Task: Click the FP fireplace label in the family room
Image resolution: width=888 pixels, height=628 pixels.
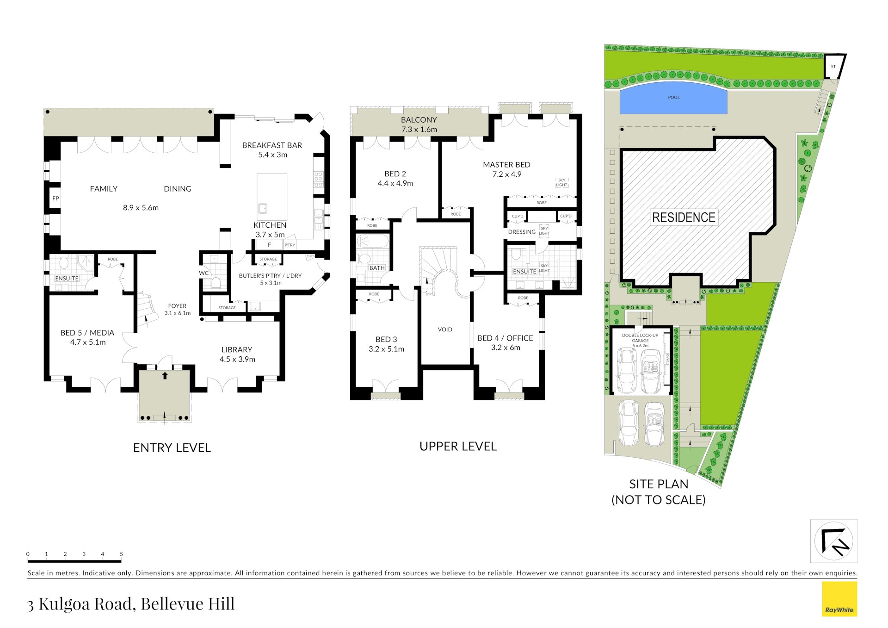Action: tap(55, 199)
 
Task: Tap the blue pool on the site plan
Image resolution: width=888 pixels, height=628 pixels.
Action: tap(673, 100)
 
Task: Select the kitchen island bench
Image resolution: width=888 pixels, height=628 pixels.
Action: tap(272, 197)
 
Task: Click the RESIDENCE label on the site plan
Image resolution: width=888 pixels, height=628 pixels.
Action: tap(683, 217)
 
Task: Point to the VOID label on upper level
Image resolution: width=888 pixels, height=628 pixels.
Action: tap(445, 330)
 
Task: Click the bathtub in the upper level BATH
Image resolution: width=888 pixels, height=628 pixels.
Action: tap(373, 242)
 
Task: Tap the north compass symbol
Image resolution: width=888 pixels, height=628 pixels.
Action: tap(833, 541)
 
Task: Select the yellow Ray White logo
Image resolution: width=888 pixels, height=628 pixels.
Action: tap(839, 599)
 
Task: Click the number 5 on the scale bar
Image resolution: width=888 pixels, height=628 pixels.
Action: tap(122, 554)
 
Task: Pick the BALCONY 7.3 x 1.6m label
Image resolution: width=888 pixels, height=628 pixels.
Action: tap(419, 124)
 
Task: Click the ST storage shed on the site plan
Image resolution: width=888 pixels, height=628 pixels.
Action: tap(833, 67)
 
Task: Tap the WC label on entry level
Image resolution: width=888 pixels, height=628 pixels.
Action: tap(203, 273)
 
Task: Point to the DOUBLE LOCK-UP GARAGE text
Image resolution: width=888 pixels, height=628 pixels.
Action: tap(640, 338)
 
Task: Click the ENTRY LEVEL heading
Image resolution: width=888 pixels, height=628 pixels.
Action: tap(172, 448)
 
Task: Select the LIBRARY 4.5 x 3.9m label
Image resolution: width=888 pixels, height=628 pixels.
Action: tap(237, 354)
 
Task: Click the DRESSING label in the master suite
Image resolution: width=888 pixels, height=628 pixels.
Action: tap(521, 232)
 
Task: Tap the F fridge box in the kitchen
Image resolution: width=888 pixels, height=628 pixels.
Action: tap(269, 245)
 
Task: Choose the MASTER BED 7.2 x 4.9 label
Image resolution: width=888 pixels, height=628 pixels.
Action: tap(506, 169)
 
